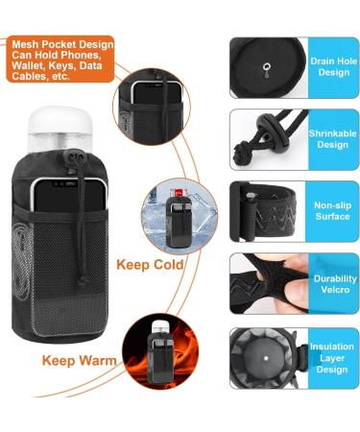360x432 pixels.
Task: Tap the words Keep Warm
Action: [80, 361]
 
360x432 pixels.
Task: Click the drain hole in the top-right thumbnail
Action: [264, 67]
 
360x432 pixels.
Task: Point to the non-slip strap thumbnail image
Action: [266, 212]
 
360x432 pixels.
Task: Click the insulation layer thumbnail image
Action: [266, 357]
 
